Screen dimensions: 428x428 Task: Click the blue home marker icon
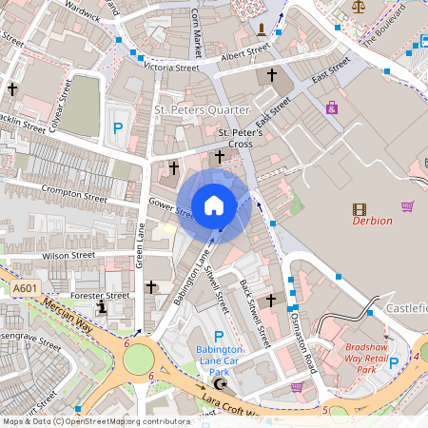(214, 204)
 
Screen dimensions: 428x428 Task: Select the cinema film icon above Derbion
(359, 209)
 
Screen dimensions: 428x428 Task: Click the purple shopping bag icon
(331, 107)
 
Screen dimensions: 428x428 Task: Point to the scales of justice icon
(359, 7)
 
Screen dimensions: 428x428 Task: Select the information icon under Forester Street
(102, 307)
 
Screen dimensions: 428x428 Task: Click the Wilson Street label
(68, 255)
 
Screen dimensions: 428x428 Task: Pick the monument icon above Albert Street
(262, 29)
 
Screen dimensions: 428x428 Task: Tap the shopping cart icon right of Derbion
(408, 205)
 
